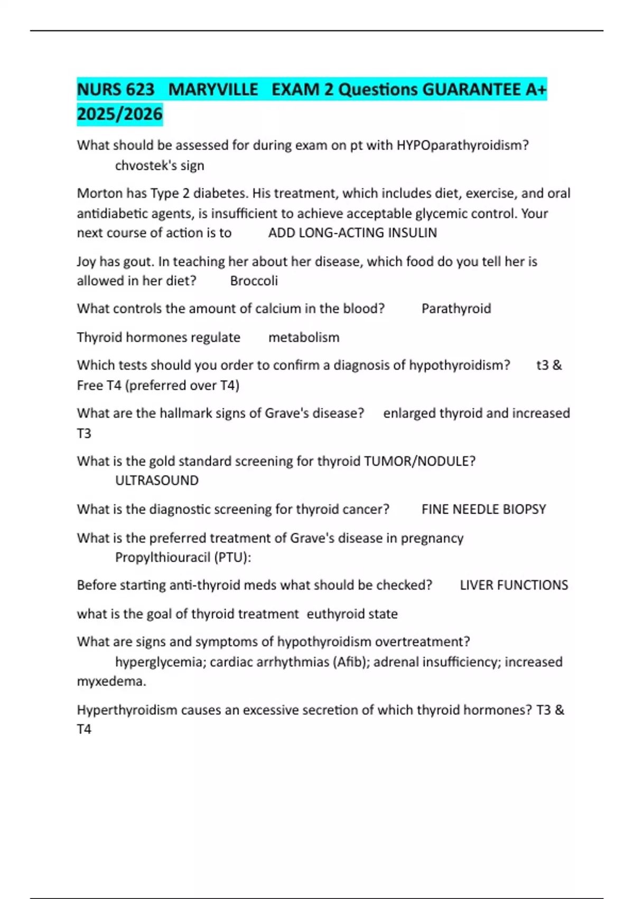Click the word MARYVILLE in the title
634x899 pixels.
[x=213, y=89]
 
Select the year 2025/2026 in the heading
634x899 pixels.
[x=119, y=114]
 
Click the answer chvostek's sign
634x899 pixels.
[x=160, y=166]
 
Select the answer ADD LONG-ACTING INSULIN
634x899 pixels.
[x=352, y=233]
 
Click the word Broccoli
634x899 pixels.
[x=254, y=281]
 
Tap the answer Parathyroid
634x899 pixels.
[x=456, y=308]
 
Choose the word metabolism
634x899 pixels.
[x=304, y=337]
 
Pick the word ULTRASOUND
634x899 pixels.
[x=157, y=480]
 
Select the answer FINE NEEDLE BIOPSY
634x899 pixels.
[x=483, y=509]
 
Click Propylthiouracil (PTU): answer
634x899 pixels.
[x=183, y=557]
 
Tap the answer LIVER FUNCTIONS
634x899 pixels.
[x=514, y=585]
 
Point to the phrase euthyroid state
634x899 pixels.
[x=352, y=614]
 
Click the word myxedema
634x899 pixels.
[x=111, y=681]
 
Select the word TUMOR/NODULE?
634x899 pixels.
[x=419, y=461]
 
